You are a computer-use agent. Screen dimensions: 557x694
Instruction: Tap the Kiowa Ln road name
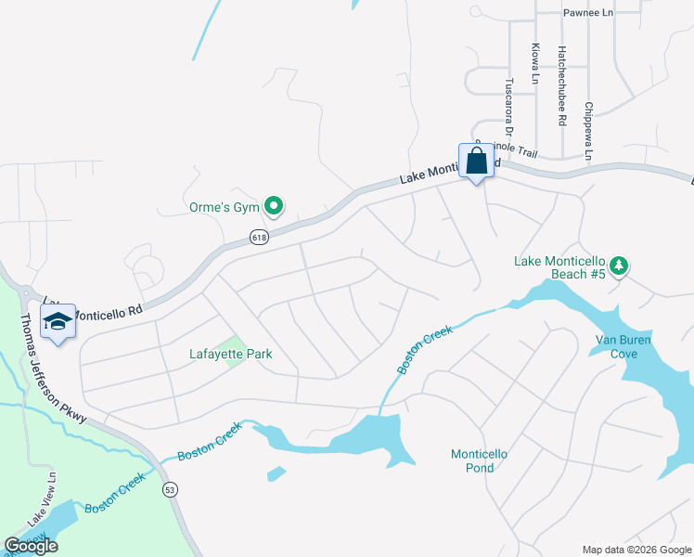(x=535, y=63)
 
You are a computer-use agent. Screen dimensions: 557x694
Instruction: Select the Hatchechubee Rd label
(x=562, y=85)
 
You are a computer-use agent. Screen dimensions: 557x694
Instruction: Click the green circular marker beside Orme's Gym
(x=274, y=206)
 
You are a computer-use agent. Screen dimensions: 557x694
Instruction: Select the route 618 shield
(x=259, y=239)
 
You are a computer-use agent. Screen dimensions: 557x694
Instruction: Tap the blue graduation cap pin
(x=58, y=321)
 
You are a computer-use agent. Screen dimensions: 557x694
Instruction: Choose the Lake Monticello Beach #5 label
(x=559, y=267)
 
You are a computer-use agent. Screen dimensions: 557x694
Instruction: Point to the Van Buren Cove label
(x=623, y=346)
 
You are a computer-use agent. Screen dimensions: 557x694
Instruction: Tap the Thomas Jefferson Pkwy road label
(x=54, y=368)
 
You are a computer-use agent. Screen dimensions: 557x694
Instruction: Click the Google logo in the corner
(x=31, y=546)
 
